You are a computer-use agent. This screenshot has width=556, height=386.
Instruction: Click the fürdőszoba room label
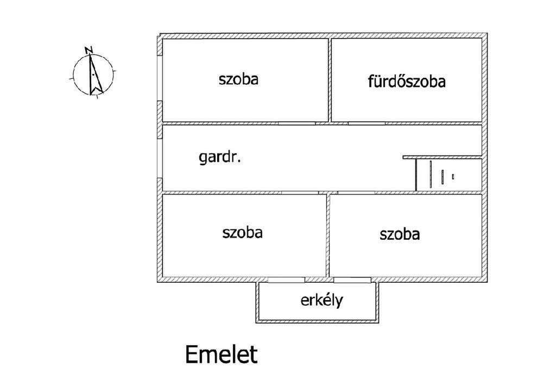click(x=407, y=82)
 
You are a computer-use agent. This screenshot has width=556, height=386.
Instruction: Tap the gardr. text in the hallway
click(x=220, y=158)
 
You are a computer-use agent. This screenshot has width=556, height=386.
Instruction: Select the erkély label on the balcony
click(x=322, y=300)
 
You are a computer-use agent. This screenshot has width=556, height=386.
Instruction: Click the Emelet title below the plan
click(x=221, y=354)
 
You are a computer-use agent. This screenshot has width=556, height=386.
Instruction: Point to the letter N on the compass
click(x=89, y=51)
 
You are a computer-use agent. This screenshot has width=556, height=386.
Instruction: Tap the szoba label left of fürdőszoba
click(x=238, y=79)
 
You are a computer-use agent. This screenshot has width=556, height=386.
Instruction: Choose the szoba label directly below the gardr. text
click(x=242, y=233)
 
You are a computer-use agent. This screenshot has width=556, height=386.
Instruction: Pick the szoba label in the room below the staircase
click(x=400, y=234)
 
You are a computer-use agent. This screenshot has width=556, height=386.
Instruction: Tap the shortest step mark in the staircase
click(x=453, y=176)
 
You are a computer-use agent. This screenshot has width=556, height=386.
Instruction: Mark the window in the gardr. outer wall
click(x=159, y=158)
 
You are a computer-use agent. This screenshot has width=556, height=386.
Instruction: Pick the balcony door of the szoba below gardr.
click(x=287, y=279)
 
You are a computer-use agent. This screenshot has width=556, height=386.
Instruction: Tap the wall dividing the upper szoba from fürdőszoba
click(x=330, y=80)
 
